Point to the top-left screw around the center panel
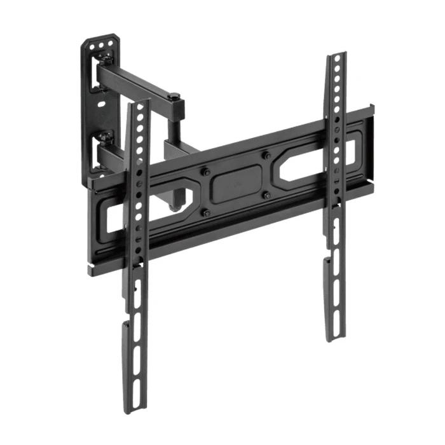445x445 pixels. tap(206, 171)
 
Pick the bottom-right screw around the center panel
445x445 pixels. tap(266, 195)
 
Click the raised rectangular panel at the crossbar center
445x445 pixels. tap(236, 184)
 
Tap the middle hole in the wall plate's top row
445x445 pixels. tap(101, 46)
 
